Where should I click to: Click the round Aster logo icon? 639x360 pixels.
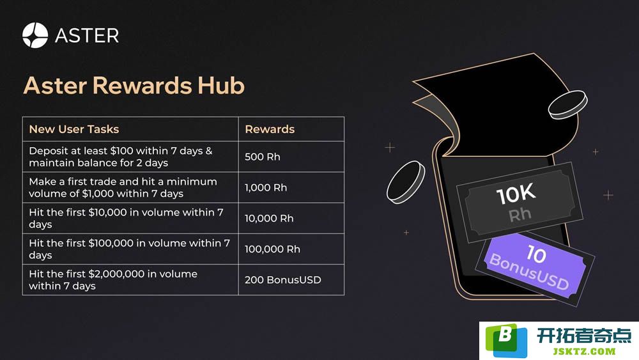click(x=35, y=35)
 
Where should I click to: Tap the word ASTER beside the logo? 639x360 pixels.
click(x=87, y=36)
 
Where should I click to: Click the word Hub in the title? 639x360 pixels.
click(x=221, y=86)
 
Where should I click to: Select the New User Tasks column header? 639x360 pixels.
click(x=73, y=129)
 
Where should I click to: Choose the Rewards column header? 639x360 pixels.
click(x=270, y=129)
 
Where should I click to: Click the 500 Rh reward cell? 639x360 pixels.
click(x=263, y=157)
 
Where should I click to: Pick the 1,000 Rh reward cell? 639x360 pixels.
click(x=266, y=187)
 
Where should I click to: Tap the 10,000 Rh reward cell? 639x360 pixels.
click(x=269, y=219)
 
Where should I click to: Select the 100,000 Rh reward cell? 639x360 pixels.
click(x=272, y=249)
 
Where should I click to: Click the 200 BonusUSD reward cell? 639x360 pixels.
click(x=283, y=280)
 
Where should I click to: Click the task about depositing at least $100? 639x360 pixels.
click(x=121, y=157)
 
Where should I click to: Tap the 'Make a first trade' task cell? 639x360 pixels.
click(x=123, y=187)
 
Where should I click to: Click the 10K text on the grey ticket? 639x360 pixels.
click(x=516, y=194)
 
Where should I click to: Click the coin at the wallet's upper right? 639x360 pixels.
click(x=567, y=105)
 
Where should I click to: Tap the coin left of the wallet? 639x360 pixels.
click(x=406, y=182)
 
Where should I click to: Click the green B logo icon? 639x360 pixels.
click(x=506, y=340)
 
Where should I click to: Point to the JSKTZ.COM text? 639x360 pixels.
click(x=584, y=351)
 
